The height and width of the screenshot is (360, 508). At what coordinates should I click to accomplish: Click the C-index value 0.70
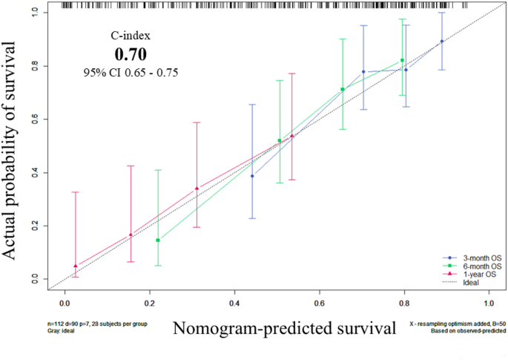pyautogui.click(x=130, y=54)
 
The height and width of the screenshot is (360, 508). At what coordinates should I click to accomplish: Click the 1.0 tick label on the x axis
pyautogui.click(x=489, y=303)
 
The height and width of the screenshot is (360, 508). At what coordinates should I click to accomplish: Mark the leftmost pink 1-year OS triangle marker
pyautogui.click(x=76, y=265)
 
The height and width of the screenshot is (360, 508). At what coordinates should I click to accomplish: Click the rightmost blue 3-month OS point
pyautogui.click(x=442, y=42)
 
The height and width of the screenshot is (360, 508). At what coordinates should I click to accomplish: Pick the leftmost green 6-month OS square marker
pyautogui.click(x=158, y=240)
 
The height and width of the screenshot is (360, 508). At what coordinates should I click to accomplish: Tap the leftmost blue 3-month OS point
pyautogui.click(x=252, y=176)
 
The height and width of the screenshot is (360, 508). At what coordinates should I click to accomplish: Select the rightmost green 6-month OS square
pyautogui.click(x=402, y=60)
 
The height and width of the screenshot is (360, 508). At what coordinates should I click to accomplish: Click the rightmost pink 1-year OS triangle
pyautogui.click(x=292, y=136)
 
